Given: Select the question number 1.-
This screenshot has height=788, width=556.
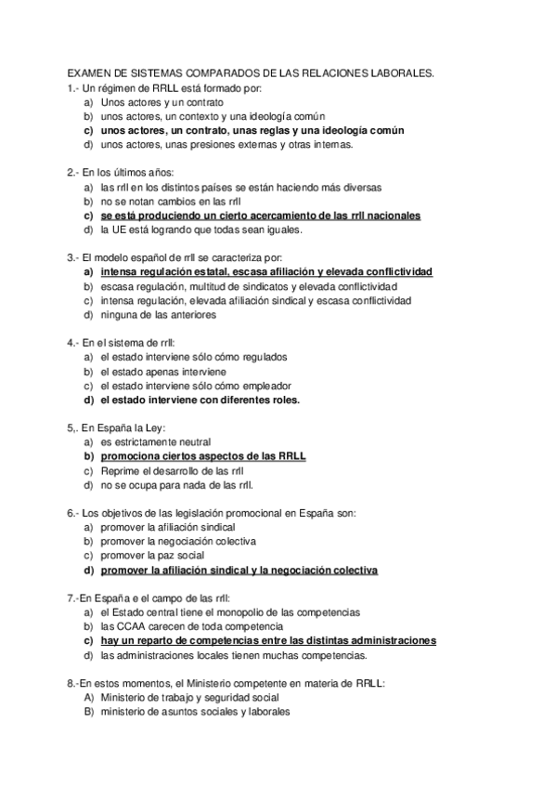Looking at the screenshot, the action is point(73,87).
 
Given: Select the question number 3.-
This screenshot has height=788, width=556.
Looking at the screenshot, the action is point(73,256).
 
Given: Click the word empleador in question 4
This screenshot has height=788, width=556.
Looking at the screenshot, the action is point(266,386).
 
